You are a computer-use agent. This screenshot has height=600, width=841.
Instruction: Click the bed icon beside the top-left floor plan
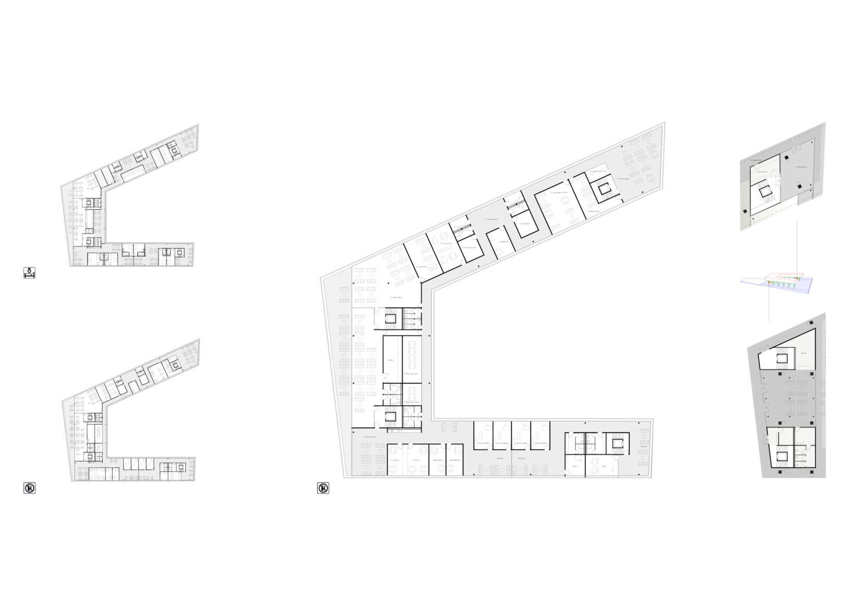tap(30, 272)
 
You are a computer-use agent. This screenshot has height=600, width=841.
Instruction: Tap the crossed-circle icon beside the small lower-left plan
tap(30, 488)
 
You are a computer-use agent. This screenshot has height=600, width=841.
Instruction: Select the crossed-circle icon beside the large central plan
tap(323, 488)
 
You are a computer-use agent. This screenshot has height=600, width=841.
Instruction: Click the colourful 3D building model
tap(777, 282)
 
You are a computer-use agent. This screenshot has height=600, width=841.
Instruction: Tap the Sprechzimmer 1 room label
tap(483, 443)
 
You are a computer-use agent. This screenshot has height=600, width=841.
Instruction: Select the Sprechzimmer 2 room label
tap(502, 443)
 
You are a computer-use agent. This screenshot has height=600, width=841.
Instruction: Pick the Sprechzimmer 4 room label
tap(540, 443)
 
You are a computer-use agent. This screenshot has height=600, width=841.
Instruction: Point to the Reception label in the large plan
tap(370, 436)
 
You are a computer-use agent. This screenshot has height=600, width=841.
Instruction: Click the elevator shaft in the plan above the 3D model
tap(766, 193)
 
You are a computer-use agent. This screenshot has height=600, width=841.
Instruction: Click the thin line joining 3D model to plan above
tap(797, 245)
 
